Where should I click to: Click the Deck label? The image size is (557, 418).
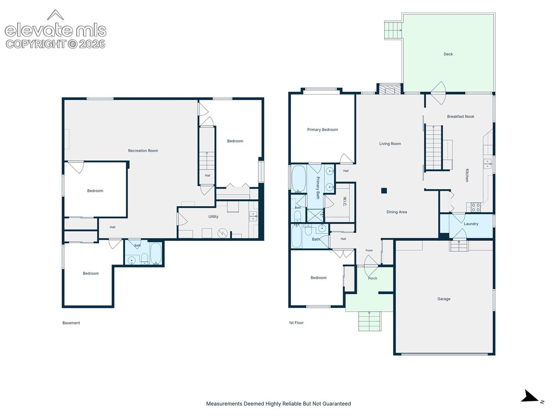(x=448, y=54)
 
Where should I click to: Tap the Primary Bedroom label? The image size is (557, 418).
(x=322, y=130)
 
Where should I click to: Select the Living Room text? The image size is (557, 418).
(x=390, y=144)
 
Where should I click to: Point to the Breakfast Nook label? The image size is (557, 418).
(x=460, y=116)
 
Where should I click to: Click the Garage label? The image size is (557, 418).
(x=444, y=299)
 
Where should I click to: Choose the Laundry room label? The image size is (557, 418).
(x=471, y=224)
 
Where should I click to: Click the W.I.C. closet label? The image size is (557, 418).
(x=345, y=202)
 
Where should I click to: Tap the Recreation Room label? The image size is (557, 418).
(x=143, y=151)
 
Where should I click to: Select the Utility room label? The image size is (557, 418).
(x=213, y=216)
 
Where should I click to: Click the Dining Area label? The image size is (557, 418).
(x=396, y=212)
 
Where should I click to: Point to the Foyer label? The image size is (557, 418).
(x=369, y=250)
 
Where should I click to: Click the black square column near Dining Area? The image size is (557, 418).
(x=384, y=190)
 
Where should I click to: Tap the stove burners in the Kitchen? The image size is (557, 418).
(x=475, y=207)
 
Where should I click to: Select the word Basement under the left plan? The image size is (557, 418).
(x=71, y=323)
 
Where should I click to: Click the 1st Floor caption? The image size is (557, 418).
(x=296, y=323)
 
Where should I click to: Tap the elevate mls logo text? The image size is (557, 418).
(x=56, y=30)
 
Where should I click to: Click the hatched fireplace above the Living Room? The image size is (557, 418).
(x=389, y=89)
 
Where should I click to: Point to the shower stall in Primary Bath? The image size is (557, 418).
(x=315, y=216)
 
